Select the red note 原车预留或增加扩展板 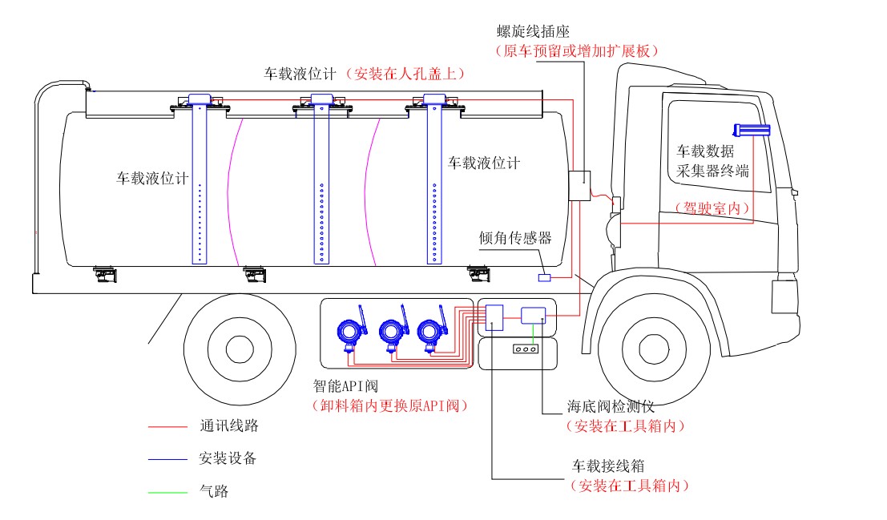[x=577, y=50]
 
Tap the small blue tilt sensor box [x=544, y=277]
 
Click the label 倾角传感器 [x=515, y=238]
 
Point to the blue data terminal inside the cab [x=751, y=129]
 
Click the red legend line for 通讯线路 [x=167, y=428]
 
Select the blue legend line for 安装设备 [x=167, y=460]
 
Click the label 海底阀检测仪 [x=611, y=407]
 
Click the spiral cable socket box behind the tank [x=579, y=185]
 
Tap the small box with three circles [x=525, y=349]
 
